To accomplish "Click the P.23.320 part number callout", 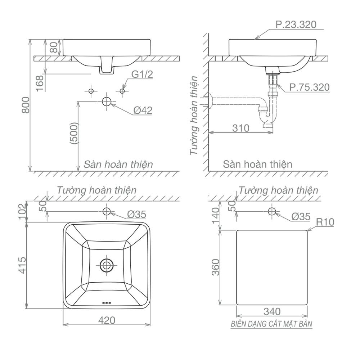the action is point(296,24).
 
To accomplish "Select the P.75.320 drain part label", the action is point(309,87).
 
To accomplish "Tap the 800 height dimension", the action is point(26,105).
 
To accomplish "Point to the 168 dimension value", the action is point(40,83).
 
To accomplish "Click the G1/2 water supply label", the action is point(142,75).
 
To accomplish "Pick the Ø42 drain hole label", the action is point(143,111).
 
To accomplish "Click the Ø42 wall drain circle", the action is point(107,102).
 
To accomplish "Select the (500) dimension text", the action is point(74,133).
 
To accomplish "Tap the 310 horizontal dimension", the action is point(240,128).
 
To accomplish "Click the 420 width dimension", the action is point(107,320).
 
